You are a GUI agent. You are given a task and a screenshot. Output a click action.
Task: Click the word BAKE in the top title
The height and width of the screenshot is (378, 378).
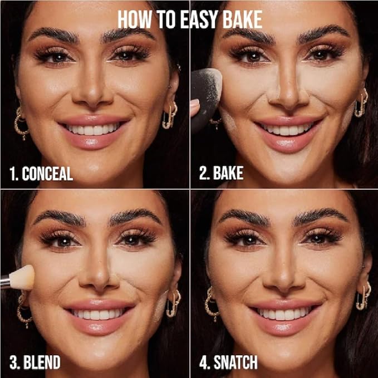pos(242,20)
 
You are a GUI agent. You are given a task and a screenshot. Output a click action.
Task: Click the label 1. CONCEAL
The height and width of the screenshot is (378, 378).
pos(41,174)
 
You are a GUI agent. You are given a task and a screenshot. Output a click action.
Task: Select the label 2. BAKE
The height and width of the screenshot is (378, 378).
pos(222,173)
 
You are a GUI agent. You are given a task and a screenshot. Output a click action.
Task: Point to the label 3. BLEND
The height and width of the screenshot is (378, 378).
pos(35,362)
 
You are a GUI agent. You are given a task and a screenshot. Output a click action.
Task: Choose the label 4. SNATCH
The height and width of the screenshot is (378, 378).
pos(228,362)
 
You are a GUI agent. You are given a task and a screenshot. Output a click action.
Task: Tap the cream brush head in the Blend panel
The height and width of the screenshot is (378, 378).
pos(22,278)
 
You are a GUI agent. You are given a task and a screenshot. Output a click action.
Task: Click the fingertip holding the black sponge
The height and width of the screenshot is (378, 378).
pos(194,107)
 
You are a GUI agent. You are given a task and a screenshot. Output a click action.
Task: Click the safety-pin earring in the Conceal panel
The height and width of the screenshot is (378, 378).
pos(170,115)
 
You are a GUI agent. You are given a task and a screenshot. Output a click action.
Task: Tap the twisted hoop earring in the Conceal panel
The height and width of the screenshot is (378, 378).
pos(21,124)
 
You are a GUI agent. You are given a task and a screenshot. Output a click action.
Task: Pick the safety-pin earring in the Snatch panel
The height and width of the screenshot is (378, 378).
pos(364,296)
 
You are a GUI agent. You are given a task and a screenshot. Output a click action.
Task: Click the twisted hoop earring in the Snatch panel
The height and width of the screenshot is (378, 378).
pos(212,303)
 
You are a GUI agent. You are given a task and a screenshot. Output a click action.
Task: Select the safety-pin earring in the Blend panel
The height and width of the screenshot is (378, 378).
pos(174,303)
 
